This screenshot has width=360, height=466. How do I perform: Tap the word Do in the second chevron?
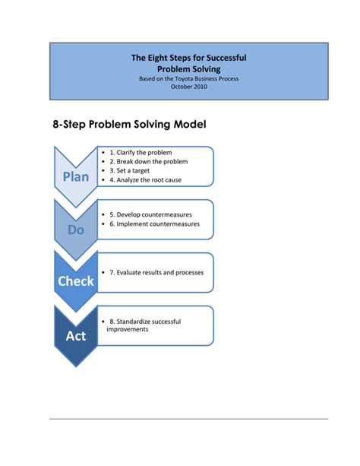pos(76,229)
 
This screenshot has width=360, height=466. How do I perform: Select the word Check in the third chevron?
pos(76,281)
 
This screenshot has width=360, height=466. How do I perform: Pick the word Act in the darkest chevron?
pos(76,334)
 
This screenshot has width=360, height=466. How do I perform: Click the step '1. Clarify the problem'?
pos(144,152)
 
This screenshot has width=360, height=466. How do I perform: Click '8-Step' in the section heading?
pos(71,124)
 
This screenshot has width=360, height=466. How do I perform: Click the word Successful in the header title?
pos(225,57)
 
